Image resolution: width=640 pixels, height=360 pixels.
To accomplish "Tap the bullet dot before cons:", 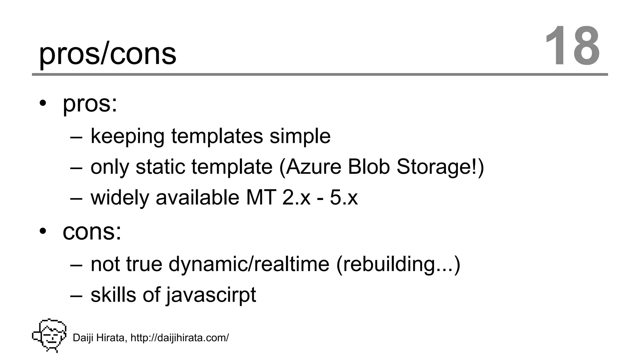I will coord(43,231).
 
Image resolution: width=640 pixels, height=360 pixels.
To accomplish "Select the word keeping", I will coord(127,137).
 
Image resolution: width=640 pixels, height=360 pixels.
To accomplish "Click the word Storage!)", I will coord(440,167).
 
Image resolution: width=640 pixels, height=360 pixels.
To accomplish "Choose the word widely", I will coord(120,198).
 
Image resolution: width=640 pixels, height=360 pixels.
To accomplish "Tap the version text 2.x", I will coord(296,198).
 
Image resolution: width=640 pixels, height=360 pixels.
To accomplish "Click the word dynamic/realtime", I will coord(249,264).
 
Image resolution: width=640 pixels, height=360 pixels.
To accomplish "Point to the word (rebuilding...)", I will coord(398,264).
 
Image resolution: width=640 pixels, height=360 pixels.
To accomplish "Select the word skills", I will coord(113,295).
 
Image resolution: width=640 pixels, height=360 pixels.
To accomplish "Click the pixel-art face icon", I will coord(50,335).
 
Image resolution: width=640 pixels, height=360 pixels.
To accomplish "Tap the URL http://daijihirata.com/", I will coord(180,338).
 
